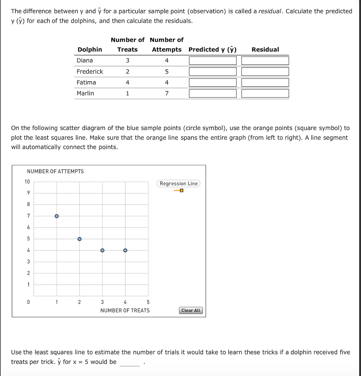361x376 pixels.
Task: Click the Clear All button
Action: pos(191,310)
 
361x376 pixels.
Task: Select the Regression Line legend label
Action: pos(178,184)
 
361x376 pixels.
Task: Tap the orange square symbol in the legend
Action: pos(181,191)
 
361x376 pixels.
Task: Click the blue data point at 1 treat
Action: pos(57,216)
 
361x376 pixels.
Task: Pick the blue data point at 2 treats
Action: pos(79,239)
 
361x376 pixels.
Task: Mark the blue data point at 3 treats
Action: pos(102,250)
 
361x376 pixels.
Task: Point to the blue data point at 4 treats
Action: pos(125,250)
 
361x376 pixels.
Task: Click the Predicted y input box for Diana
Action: pos(213,61)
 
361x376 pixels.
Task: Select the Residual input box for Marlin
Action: pos(265,94)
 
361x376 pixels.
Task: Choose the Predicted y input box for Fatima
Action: pos(213,83)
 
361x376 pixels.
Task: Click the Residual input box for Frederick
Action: pos(265,72)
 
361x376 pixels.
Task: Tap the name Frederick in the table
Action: pos(90,71)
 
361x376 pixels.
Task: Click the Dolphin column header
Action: pos(90,49)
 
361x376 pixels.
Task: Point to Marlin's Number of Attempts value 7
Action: pos(167,93)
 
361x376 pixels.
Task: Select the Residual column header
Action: pos(265,49)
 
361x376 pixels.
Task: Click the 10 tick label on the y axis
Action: pos(27,182)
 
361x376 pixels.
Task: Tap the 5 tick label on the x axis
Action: pos(148,302)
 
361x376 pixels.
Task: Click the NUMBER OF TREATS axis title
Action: pos(125,310)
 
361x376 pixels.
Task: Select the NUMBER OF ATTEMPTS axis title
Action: pos(55,171)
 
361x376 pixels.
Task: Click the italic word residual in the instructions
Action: pos(270,11)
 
